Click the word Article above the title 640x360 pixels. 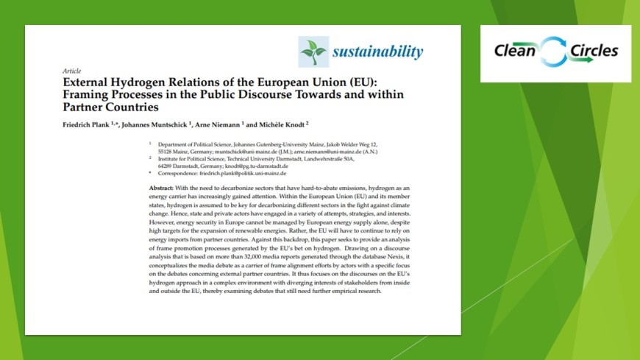tap(71, 71)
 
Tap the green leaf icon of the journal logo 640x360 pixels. tap(313, 51)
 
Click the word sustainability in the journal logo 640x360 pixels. tap(377, 52)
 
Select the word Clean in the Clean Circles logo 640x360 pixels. tap(515, 52)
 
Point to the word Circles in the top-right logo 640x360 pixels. tap(592, 52)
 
